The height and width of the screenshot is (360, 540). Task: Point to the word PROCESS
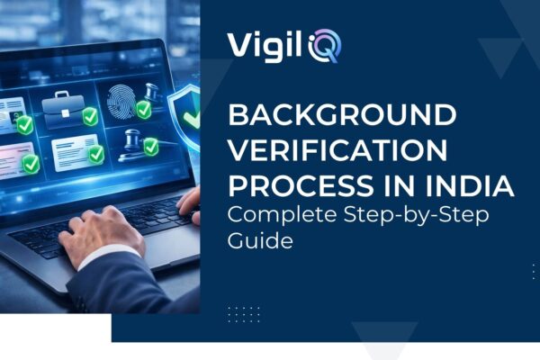tap(285, 186)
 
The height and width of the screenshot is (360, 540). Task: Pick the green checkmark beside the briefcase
tap(89, 116)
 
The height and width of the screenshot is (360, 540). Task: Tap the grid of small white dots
tap(244, 314)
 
